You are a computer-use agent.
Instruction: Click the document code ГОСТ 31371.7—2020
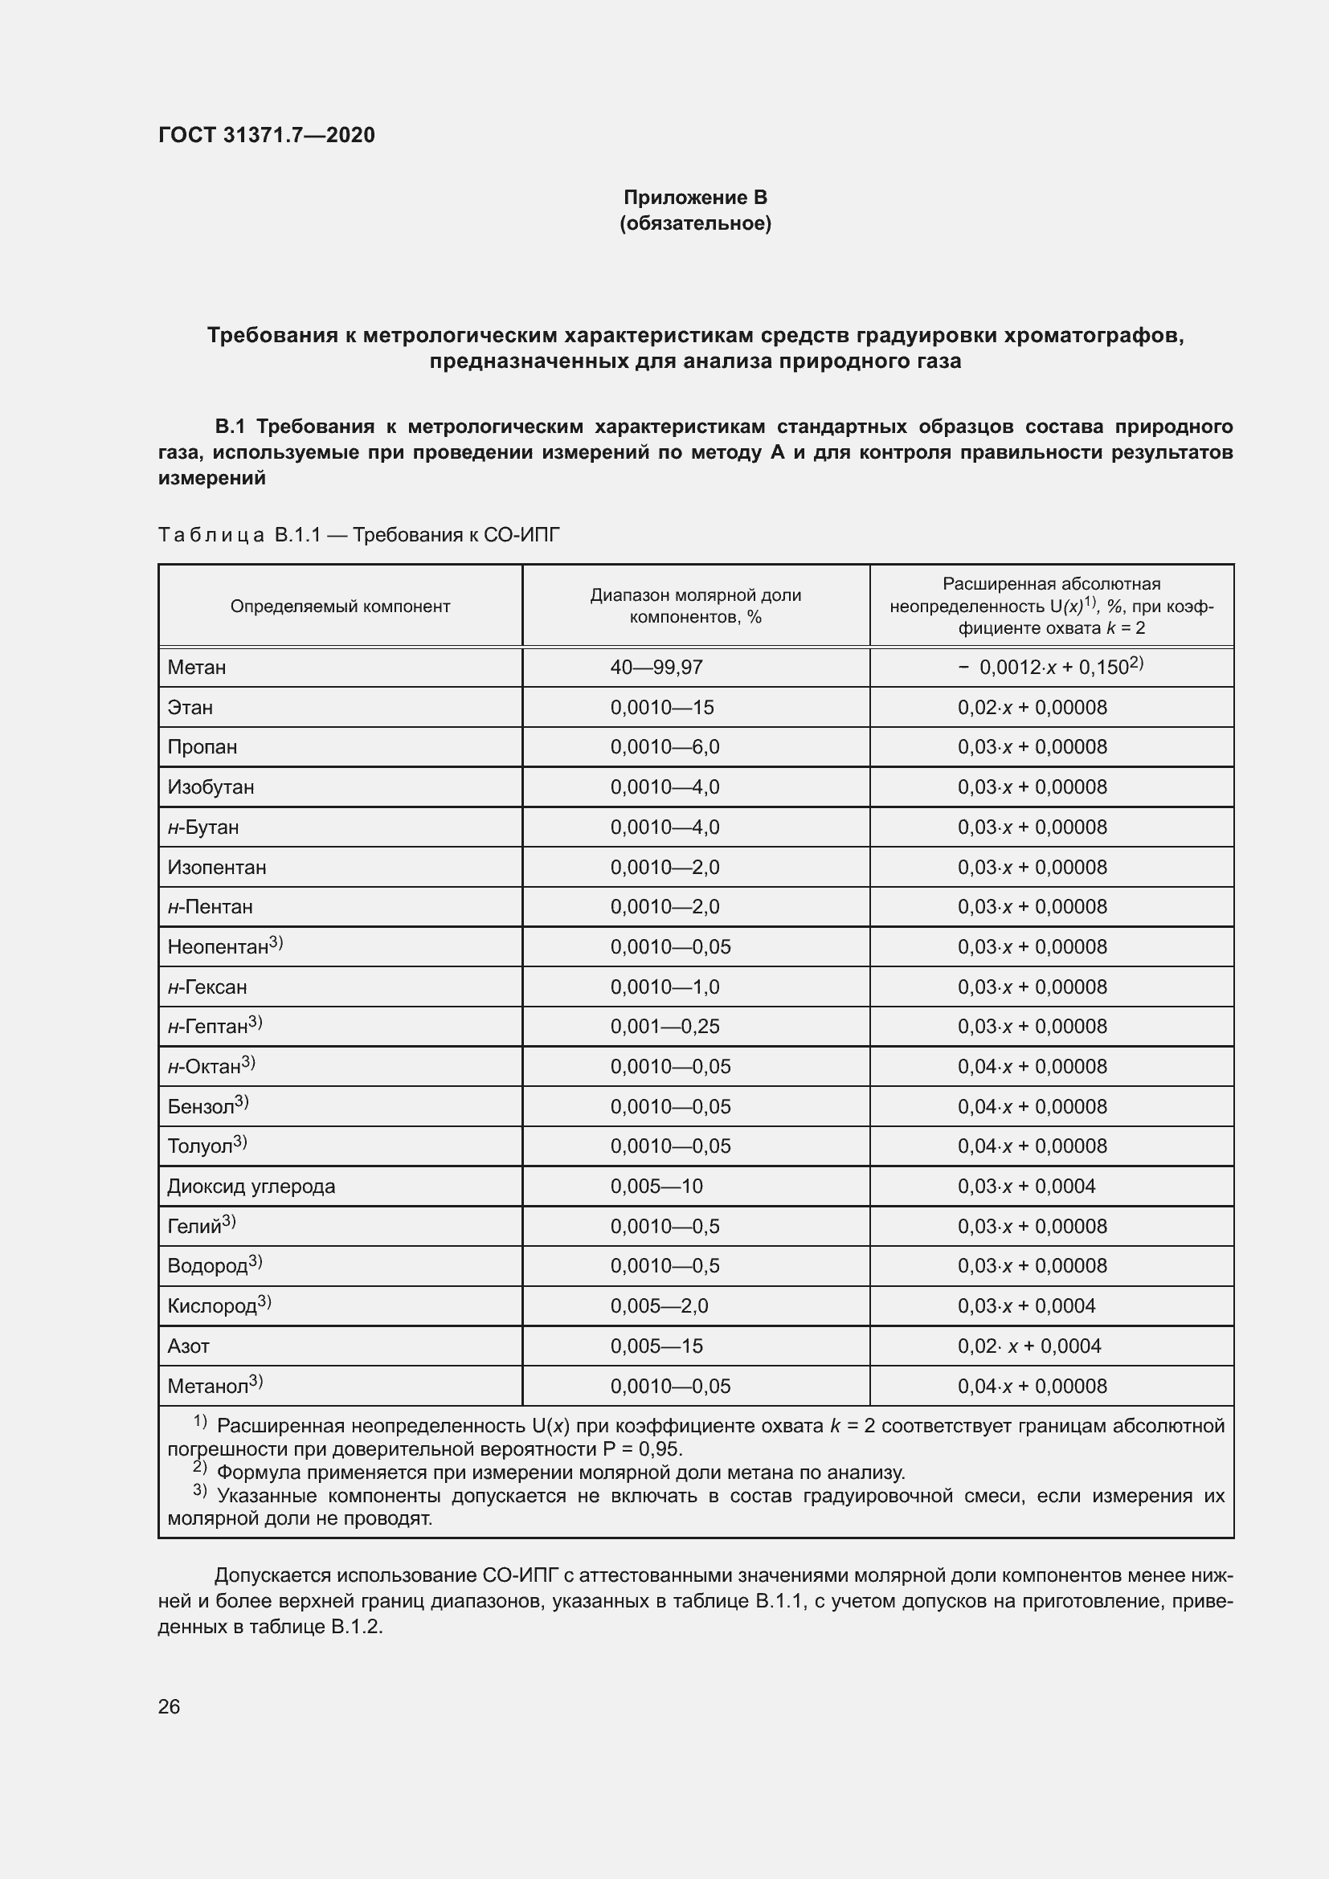coord(266,135)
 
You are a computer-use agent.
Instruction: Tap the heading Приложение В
coord(695,198)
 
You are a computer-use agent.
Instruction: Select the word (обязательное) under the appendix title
coord(695,223)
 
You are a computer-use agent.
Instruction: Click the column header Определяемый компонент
coord(340,607)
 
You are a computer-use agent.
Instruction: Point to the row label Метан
coord(196,668)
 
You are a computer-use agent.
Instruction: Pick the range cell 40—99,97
coord(656,668)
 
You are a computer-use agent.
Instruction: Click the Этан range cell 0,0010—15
coord(661,708)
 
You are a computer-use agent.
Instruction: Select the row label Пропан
coord(202,747)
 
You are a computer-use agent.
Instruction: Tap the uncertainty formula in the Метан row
coord(1050,667)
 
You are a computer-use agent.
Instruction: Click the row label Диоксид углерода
coord(251,1187)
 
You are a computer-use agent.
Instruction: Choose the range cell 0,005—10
coord(656,1187)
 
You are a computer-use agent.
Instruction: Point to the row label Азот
coord(188,1346)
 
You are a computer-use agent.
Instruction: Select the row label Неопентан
coord(219,948)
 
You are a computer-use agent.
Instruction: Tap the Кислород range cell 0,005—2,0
coord(659,1306)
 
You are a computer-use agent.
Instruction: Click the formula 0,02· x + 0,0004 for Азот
coord(1029,1346)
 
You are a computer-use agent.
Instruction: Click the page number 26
coord(169,1706)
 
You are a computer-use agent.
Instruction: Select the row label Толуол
coord(201,1146)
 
